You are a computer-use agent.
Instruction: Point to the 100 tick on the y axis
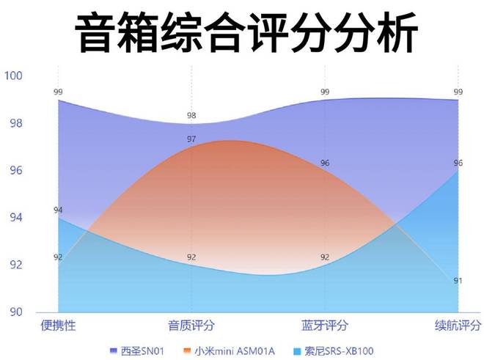click(x=14, y=76)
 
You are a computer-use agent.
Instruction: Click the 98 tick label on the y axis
click(x=15, y=123)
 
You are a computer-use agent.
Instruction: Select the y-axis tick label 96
click(x=15, y=170)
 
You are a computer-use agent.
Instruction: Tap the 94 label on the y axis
click(x=15, y=218)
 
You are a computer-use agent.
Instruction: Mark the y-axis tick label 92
click(x=15, y=265)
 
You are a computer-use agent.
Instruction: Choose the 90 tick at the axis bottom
click(x=15, y=312)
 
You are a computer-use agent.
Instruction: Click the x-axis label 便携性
click(x=58, y=326)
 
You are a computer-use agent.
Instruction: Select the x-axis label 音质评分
click(x=191, y=326)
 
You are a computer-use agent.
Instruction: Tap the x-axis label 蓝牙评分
click(x=325, y=326)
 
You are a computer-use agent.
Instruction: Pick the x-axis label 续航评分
click(x=458, y=326)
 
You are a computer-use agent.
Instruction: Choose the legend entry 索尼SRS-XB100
click(x=339, y=350)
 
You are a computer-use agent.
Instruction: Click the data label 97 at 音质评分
click(x=191, y=139)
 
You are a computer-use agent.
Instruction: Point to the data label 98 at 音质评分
click(x=191, y=116)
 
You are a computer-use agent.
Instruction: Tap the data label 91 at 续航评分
click(x=458, y=281)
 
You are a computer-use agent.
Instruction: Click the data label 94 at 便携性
click(x=58, y=210)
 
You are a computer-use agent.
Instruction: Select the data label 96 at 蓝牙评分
click(x=325, y=163)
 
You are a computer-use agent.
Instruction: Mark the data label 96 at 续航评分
click(x=458, y=163)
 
